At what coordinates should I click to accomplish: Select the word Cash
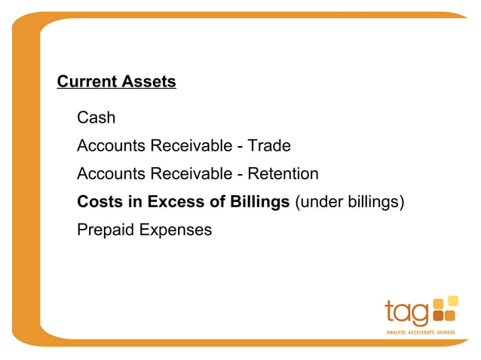tap(96, 118)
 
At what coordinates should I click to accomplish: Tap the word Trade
tap(269, 145)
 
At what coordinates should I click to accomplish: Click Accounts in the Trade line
tap(110, 145)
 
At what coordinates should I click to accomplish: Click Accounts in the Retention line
tap(110, 174)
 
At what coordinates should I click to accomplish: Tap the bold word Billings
tap(255, 202)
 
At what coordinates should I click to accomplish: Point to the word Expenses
tap(175, 230)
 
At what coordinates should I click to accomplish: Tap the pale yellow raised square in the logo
tap(452, 301)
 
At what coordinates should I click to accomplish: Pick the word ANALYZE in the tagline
tap(397, 331)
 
